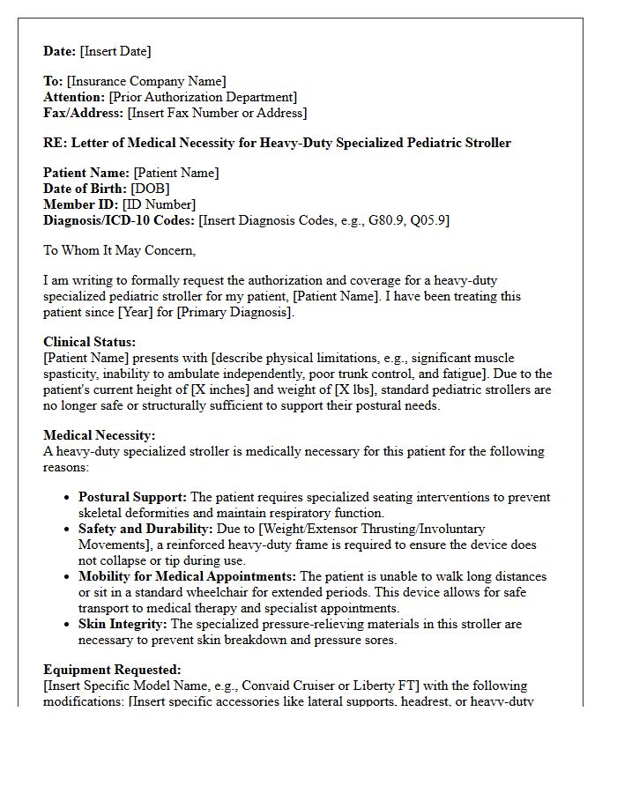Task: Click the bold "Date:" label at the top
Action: (60, 51)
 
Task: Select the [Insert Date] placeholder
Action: (115, 51)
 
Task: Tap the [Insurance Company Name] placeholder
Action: (146, 82)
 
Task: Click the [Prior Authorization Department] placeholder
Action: (203, 97)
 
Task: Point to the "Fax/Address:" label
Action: (84, 113)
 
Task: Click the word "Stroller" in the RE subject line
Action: (486, 143)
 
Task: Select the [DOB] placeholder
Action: (150, 189)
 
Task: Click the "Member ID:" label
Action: (80, 204)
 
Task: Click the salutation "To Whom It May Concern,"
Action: (120, 250)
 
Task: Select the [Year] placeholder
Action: (193, 312)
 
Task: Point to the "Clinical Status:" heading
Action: (90, 342)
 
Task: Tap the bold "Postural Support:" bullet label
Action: (132, 498)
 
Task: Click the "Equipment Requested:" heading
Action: (112, 670)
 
